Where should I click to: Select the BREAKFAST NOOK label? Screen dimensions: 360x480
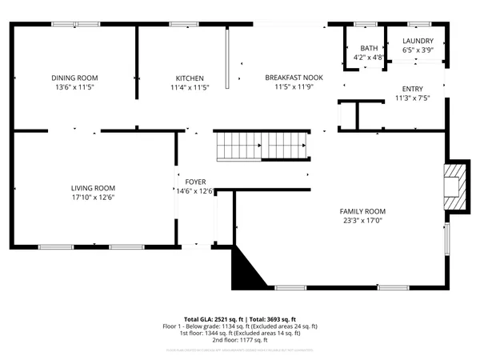[x=294, y=78]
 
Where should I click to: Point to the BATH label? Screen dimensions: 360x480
[x=368, y=48]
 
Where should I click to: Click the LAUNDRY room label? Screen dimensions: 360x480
[x=418, y=41]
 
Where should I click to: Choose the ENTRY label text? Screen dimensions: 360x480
[x=413, y=89]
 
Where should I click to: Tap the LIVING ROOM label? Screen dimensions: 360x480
[x=93, y=188]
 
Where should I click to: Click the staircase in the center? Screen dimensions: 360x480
[x=262, y=146]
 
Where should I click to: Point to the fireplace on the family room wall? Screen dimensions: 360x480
[x=454, y=186]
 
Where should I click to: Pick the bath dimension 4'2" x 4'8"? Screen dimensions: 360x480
[x=368, y=58]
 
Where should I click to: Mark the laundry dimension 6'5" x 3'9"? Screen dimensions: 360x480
[x=418, y=50]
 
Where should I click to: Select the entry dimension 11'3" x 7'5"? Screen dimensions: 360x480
[x=413, y=98]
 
